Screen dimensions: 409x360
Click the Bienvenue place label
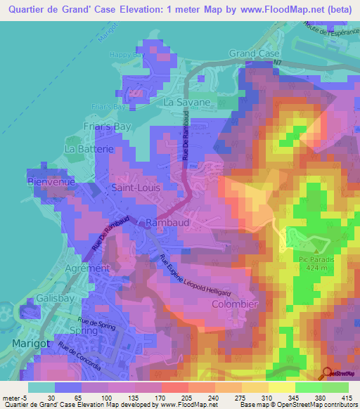coord(51,181)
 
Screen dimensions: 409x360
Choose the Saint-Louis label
coord(137,188)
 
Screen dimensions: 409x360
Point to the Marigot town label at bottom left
coord(31,342)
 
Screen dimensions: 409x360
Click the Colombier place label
coord(235,304)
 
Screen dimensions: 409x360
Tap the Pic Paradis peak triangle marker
coord(316,249)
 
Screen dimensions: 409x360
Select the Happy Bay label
coord(126,54)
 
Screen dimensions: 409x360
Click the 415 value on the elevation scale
coord(347,397)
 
